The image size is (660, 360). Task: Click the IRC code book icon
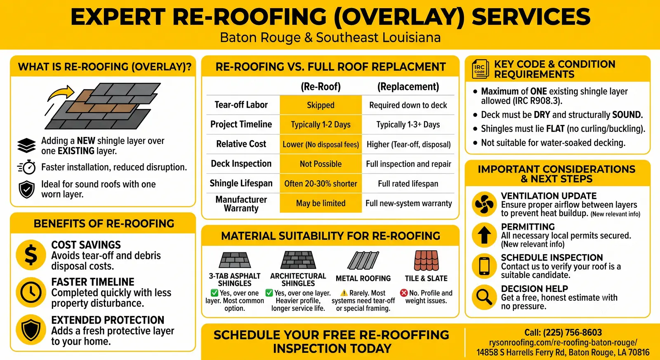[x=480, y=69]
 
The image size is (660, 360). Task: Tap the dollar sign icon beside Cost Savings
[x=31, y=255]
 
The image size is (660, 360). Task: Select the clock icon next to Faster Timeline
[x=31, y=292]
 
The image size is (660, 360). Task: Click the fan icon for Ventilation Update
[x=484, y=204]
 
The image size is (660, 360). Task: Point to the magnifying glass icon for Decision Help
[x=484, y=297]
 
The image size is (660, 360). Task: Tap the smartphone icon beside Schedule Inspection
[x=484, y=266]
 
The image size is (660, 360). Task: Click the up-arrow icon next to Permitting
[x=484, y=235]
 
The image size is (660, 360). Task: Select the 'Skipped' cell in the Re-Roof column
[x=321, y=105]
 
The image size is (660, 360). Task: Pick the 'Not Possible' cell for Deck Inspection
[x=321, y=164]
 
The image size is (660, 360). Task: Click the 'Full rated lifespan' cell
[x=408, y=184]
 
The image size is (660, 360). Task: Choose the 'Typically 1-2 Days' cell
[x=321, y=125]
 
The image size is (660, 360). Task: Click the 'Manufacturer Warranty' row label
[x=241, y=204]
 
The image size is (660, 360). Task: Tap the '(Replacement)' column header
[x=408, y=87]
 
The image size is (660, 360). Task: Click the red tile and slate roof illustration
[x=427, y=261]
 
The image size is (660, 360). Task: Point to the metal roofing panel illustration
[x=363, y=261]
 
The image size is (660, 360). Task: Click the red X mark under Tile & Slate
[x=404, y=293]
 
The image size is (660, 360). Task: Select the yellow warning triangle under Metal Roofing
[x=344, y=293]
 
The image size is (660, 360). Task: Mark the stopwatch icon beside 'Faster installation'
[x=27, y=167]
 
